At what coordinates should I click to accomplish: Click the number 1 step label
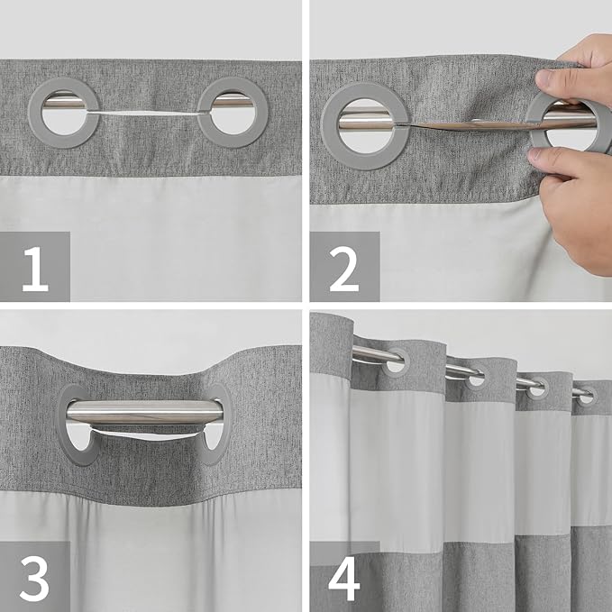(x=35, y=268)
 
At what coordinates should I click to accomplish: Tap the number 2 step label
(x=343, y=268)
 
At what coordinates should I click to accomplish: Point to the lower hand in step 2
(x=577, y=207)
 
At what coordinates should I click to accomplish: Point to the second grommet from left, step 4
(x=475, y=378)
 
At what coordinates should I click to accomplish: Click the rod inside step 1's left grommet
(x=63, y=103)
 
